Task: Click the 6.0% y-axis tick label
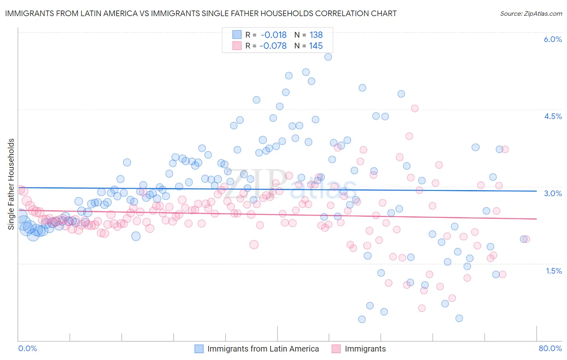553,39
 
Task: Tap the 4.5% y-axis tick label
553,116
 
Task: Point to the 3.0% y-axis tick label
553,193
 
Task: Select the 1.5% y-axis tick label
554,271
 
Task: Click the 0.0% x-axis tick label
28,348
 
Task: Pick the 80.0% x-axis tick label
550,348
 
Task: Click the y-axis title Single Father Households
11,184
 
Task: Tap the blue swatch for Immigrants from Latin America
199,349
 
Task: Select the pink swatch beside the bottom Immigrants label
336,349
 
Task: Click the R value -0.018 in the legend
273,35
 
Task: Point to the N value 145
316,46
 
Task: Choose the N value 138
316,35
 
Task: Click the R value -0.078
273,46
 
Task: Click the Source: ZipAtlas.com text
531,13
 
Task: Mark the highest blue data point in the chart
328,57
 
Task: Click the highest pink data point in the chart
415,108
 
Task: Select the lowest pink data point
422,308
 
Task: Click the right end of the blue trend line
537,191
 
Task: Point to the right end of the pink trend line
537,219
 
